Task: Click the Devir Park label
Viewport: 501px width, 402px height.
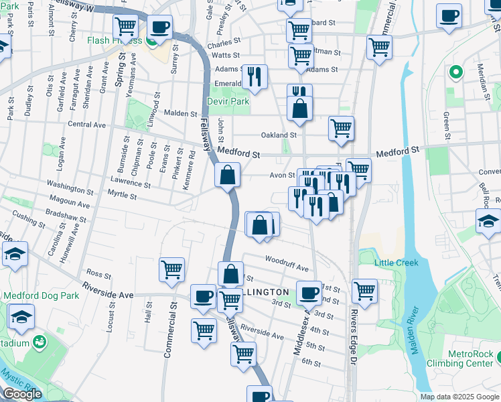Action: tap(230, 101)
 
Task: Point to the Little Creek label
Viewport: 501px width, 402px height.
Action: tap(397, 262)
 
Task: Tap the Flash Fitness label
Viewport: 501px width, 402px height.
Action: tap(114, 40)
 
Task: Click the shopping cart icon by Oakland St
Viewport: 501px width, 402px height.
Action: tap(342, 127)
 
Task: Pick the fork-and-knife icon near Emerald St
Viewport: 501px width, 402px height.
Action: tap(254, 76)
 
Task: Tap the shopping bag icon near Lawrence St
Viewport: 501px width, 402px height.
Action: tap(228, 176)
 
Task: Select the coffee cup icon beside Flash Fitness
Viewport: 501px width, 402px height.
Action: tap(159, 26)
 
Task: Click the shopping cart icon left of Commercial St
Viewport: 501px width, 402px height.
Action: tap(171, 269)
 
